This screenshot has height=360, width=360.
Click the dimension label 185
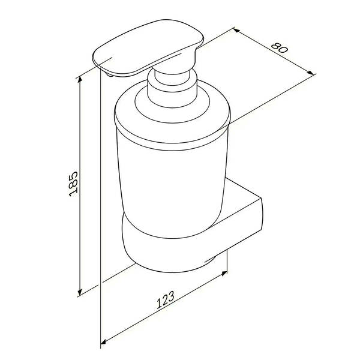(x=74, y=184)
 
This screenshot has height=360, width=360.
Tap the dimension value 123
(x=166, y=300)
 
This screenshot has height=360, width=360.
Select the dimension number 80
(x=279, y=47)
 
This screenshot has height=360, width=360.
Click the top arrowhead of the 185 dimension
(x=80, y=79)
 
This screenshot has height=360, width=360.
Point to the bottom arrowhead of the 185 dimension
(x=80, y=292)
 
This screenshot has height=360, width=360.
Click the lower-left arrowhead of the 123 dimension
(x=104, y=342)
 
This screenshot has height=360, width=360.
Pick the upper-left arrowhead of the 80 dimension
(x=237, y=30)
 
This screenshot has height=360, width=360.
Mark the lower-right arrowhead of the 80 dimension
(x=310, y=73)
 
